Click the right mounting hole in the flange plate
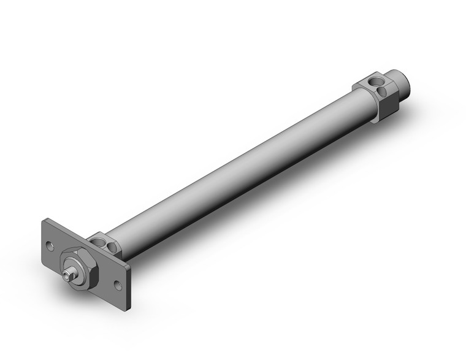pyautogui.click(x=117, y=284)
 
